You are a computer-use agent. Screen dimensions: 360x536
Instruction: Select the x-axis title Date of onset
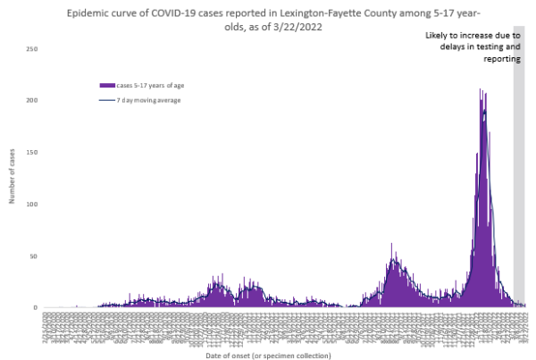(x=279, y=356)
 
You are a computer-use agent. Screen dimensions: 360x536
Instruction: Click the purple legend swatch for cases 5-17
(x=107, y=85)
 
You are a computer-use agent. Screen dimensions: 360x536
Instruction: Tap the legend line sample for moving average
(x=107, y=100)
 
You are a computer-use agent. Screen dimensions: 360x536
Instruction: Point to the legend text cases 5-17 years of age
(x=153, y=85)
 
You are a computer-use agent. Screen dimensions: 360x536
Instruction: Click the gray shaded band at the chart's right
(x=519, y=179)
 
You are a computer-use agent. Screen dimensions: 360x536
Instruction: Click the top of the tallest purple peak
(x=481, y=89)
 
